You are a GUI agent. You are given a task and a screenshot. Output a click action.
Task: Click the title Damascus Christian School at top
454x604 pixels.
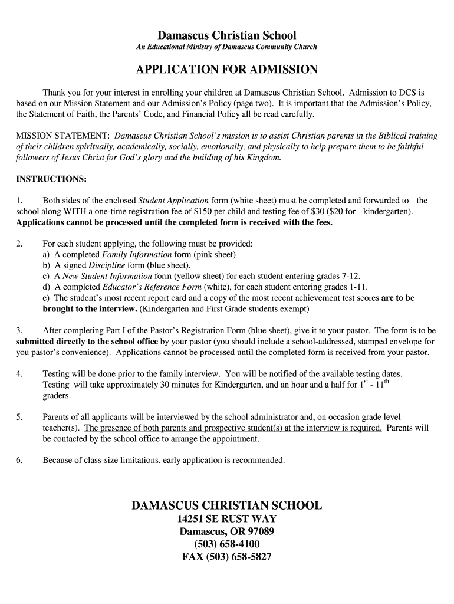(227, 35)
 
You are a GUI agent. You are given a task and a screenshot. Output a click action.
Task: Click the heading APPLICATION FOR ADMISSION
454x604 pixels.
(227, 70)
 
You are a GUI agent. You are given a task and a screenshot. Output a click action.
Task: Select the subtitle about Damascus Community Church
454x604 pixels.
(227, 47)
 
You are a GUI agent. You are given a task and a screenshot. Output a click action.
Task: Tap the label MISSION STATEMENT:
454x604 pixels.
(63, 135)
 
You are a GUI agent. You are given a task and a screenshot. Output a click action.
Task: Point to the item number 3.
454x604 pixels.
(19, 330)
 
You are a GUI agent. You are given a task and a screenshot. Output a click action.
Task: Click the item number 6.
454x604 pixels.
(19, 460)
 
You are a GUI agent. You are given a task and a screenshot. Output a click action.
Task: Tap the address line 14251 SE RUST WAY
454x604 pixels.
(227, 519)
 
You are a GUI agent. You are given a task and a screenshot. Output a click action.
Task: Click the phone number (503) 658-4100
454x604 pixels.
(227, 544)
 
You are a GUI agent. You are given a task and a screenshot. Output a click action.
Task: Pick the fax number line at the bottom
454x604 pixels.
(227, 556)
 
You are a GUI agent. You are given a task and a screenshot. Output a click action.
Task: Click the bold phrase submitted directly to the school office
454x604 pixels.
(87, 341)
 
